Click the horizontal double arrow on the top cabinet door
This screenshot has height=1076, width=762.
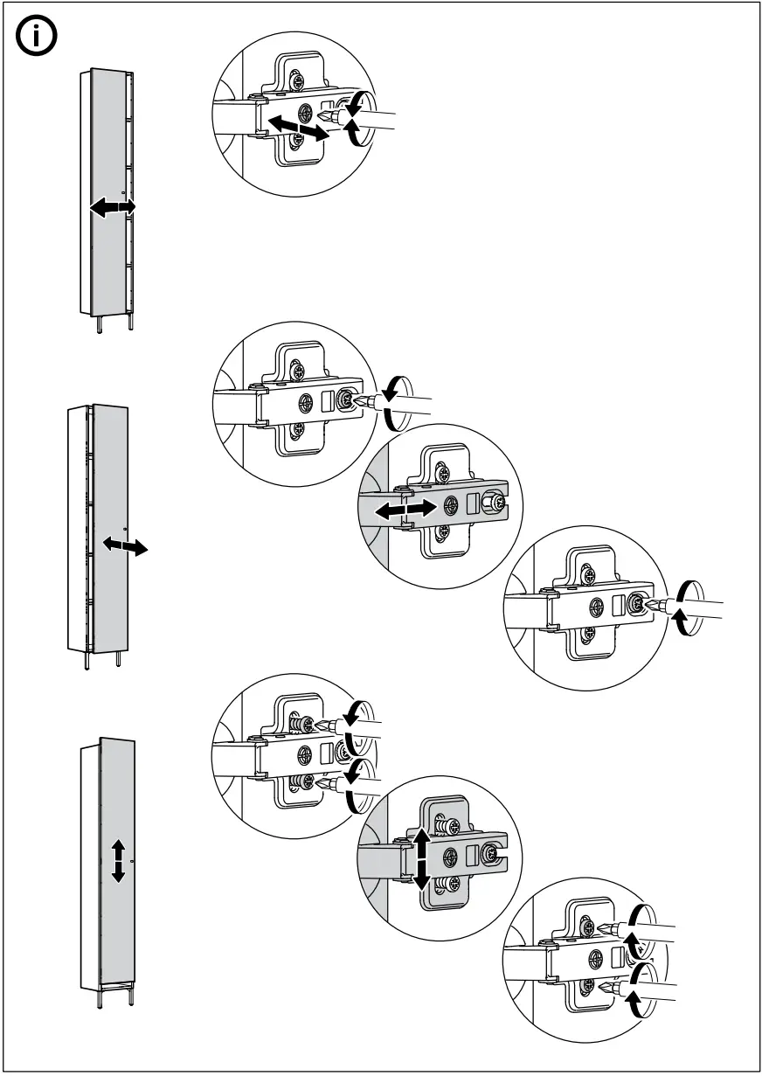click(x=113, y=208)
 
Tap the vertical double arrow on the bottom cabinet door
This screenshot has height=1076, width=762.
click(x=119, y=861)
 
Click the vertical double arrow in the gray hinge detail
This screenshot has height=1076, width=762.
click(x=420, y=858)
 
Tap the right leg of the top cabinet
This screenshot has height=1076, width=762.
click(x=130, y=323)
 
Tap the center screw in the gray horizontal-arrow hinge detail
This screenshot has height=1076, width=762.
click(x=451, y=505)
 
